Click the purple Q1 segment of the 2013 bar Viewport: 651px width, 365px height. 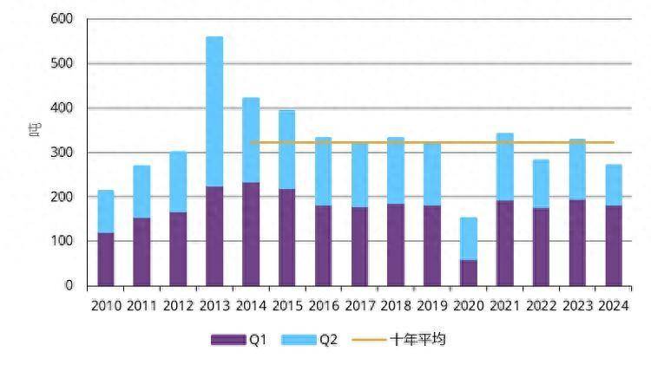214,236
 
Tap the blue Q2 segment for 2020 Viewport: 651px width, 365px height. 468,238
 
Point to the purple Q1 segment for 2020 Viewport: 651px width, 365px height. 468,272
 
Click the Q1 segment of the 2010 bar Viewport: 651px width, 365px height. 106,258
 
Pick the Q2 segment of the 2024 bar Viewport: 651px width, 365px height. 613,185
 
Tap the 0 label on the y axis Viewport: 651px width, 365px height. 69,285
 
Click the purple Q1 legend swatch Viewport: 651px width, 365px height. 228,340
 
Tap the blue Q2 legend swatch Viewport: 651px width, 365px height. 299,340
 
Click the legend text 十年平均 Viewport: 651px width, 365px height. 419,340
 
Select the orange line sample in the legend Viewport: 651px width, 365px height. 368,340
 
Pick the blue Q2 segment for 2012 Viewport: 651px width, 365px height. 178,181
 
